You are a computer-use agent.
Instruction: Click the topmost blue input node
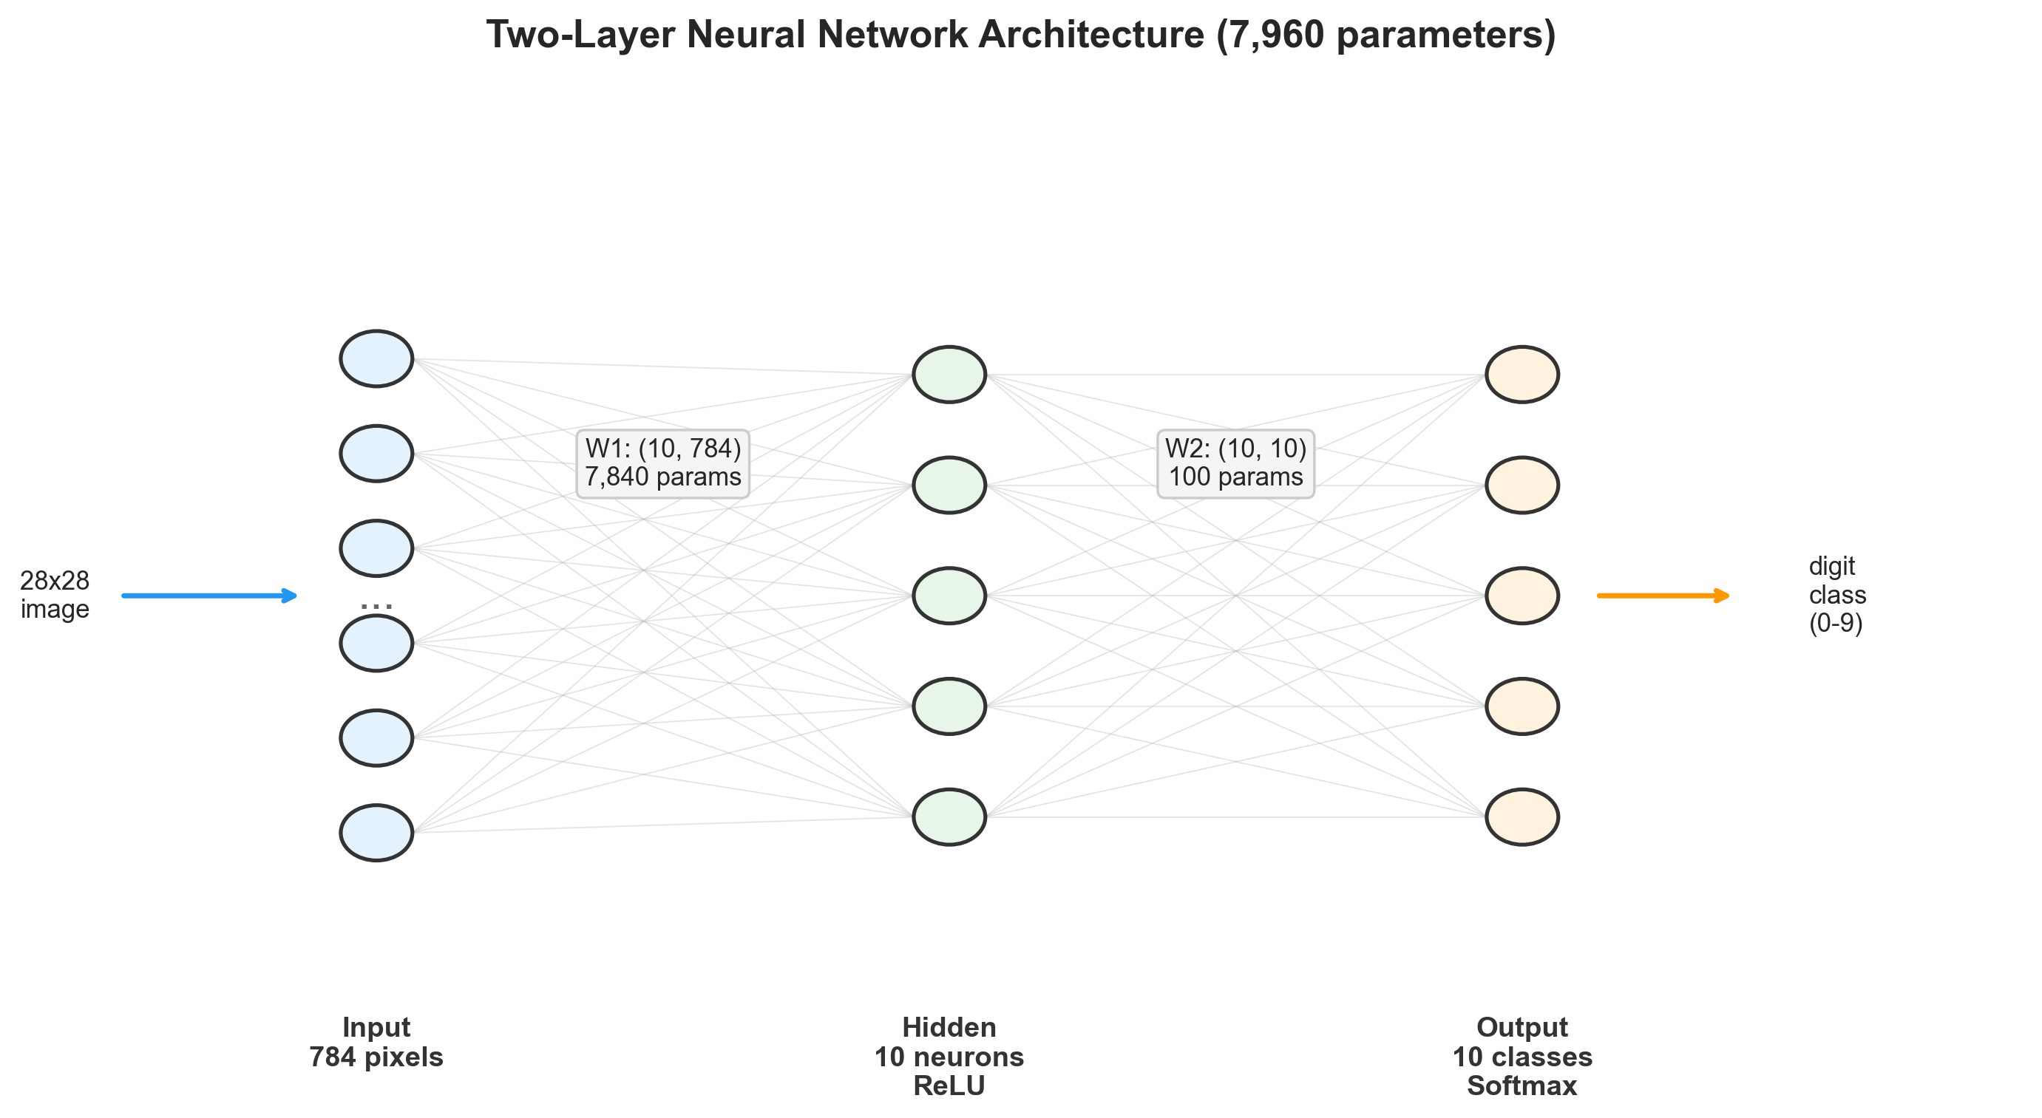pos(376,358)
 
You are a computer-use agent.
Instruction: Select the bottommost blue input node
pos(376,832)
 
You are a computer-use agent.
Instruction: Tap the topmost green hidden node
pos(949,374)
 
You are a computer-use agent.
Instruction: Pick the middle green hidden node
pos(949,595)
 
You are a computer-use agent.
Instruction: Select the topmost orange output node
pos(1522,374)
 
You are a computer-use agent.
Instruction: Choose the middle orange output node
pos(1522,595)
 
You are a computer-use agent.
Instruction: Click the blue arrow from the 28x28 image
pos(209,595)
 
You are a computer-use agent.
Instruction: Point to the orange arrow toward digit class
pos(1662,595)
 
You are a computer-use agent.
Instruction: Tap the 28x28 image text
pos(55,594)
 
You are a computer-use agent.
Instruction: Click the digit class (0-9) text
pos(1836,594)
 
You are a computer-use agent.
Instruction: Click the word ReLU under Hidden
pos(949,1085)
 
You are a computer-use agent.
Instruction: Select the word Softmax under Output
pos(1522,1085)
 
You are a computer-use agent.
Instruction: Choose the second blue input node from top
pos(376,453)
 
